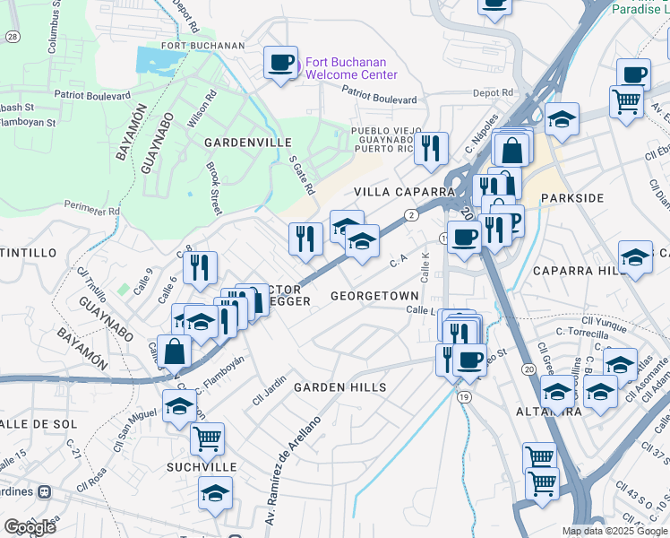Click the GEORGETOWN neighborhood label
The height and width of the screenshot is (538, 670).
[x=374, y=295]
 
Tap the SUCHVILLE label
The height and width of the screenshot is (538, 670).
[x=201, y=467]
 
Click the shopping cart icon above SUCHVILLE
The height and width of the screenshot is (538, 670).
[x=207, y=438]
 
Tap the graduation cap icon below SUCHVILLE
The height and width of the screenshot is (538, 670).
[x=215, y=494]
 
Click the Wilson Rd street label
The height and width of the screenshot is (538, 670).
[x=199, y=108]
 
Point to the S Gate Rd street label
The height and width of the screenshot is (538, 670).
[x=302, y=175]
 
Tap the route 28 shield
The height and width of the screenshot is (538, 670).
[x=12, y=37]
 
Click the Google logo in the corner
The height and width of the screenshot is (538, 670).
[x=30, y=526]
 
